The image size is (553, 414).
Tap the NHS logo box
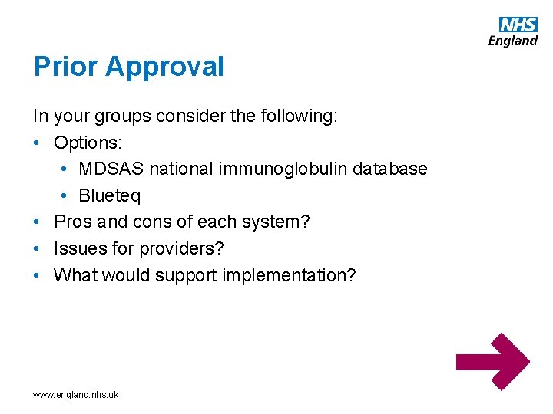(518, 25)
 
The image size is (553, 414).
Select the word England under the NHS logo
(513, 41)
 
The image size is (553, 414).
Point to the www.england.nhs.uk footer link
(75, 395)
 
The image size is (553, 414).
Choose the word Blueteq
(110, 195)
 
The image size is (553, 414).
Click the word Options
(85, 143)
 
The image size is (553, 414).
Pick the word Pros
(72, 222)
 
